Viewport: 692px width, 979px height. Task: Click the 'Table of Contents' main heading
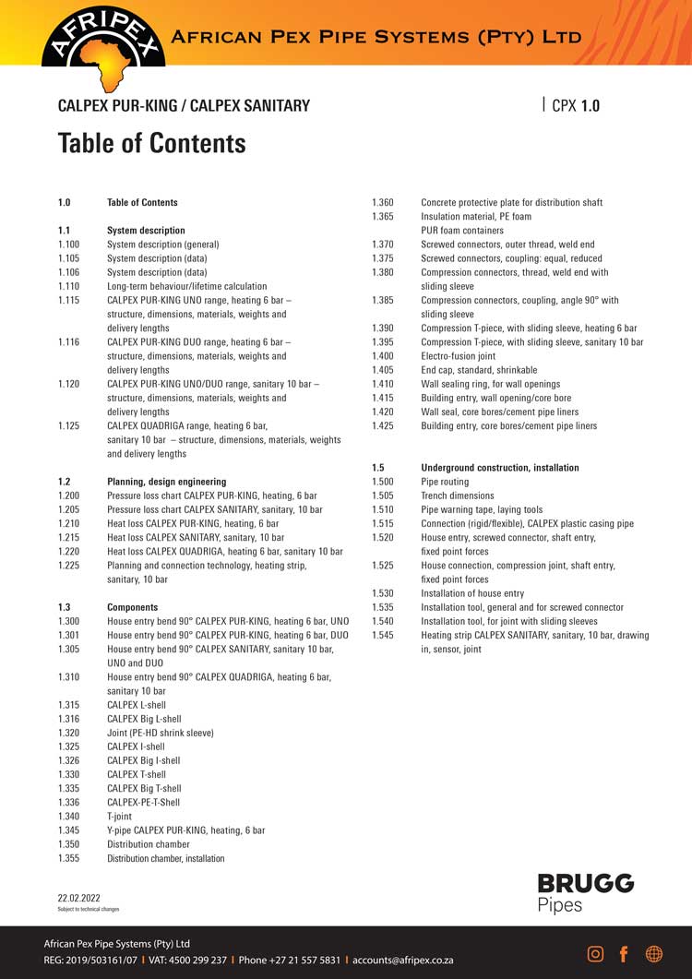[151, 143]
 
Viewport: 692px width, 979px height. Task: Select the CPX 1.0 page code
[575, 105]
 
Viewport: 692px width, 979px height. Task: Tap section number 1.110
[70, 287]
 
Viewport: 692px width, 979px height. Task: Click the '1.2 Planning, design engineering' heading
[166, 482]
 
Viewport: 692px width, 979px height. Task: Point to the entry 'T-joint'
[120, 817]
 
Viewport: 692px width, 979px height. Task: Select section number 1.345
[70, 830]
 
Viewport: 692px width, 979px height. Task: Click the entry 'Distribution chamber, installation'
[165, 858]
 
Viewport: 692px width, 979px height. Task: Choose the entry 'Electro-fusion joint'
[458, 356]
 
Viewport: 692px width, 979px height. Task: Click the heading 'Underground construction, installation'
[500, 468]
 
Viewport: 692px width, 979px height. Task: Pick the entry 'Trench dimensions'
[458, 495]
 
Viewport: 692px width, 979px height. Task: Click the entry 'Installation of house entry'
[472, 593]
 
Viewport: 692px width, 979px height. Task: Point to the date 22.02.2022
[79, 897]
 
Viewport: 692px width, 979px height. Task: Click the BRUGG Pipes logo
[585, 892]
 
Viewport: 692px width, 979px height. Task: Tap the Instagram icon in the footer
[596, 953]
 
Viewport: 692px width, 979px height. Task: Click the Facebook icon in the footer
[624, 953]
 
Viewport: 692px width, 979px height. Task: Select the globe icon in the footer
[654, 953]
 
